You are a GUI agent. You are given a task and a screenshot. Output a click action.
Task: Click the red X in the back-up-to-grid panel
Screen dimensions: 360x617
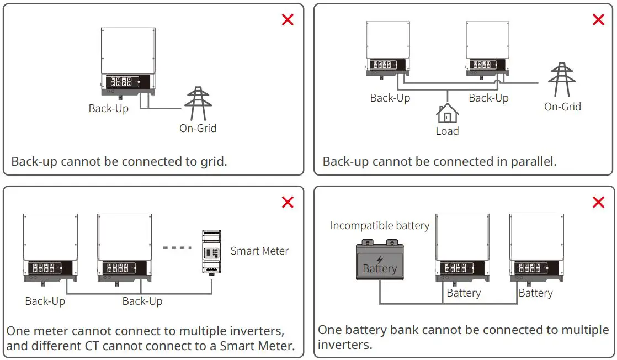(288, 20)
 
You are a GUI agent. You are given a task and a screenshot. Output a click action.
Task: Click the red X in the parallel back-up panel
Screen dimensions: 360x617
(598, 20)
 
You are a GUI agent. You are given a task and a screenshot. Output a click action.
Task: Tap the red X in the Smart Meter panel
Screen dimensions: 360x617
(288, 202)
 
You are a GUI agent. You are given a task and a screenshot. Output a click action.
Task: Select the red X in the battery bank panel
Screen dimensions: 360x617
(598, 202)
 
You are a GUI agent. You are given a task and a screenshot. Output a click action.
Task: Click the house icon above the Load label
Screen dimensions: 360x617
(447, 113)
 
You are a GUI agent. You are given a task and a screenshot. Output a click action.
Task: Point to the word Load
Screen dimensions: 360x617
(447, 131)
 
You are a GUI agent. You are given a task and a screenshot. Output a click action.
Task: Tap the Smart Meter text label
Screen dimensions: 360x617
(259, 251)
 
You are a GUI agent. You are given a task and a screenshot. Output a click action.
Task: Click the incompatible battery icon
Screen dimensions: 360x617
(380, 261)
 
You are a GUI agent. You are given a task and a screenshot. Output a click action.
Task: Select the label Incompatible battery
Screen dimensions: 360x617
(380, 225)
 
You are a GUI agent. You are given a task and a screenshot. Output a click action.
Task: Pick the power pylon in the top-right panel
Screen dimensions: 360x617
(562, 81)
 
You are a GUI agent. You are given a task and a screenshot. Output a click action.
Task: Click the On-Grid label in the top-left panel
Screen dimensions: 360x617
(198, 128)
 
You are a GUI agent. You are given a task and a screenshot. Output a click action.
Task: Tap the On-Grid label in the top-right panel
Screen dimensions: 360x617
(562, 107)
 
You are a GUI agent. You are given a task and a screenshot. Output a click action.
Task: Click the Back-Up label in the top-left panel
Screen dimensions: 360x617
(109, 108)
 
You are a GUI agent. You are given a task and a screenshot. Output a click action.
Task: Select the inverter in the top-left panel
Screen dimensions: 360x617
(128, 61)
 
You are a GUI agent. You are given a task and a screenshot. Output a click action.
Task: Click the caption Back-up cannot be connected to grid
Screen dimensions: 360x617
(119, 161)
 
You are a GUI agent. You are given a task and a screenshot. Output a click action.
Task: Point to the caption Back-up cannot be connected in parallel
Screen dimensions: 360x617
(439, 161)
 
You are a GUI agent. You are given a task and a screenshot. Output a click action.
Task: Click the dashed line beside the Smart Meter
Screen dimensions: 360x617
(177, 247)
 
